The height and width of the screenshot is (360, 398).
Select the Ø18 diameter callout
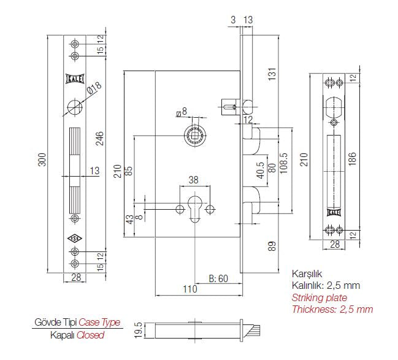coord(94,90)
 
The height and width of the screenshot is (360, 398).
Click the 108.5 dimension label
coord(284,164)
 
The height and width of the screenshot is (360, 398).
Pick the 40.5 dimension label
coord(260,169)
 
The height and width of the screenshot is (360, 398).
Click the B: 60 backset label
coord(218,278)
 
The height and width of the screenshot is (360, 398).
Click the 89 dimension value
coord(272,247)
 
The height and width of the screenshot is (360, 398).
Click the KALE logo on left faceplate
coord(74,79)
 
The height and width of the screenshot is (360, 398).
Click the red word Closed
coord(90,335)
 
